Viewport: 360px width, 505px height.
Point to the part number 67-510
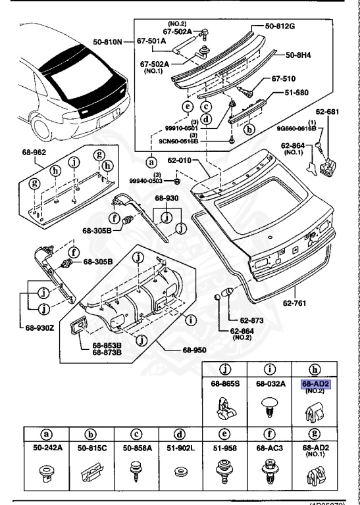point(282,79)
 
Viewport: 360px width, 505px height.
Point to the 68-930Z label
point(40,327)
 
